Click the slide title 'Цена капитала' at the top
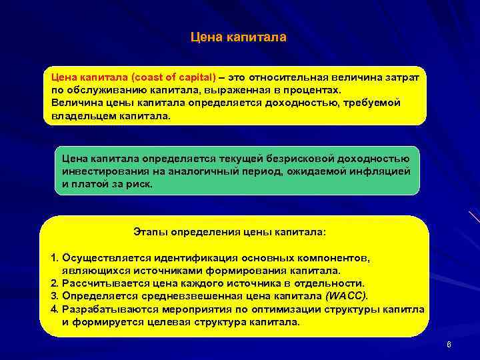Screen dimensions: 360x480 coord(239,37)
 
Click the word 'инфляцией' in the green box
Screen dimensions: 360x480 coord(389,171)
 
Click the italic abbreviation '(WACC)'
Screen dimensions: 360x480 coord(345,296)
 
